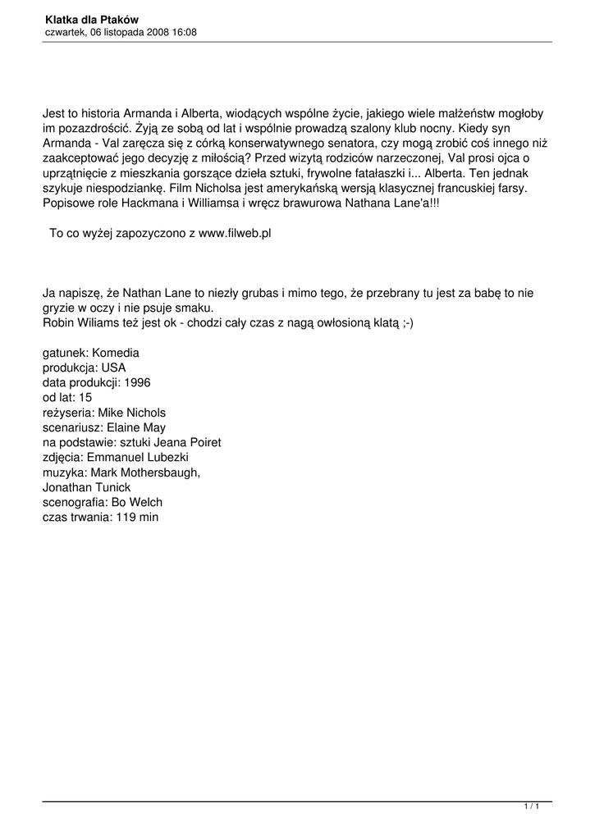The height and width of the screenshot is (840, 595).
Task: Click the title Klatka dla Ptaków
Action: (x=91, y=19)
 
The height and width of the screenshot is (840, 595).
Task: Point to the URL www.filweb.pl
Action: (x=235, y=233)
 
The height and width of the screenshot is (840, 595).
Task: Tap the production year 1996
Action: (x=136, y=382)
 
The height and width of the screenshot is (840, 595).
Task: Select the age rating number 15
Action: (x=85, y=398)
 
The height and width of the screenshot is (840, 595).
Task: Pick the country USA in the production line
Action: (x=113, y=367)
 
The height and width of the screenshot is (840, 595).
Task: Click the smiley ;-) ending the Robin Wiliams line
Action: (x=407, y=322)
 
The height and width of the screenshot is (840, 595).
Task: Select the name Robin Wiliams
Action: (x=80, y=322)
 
